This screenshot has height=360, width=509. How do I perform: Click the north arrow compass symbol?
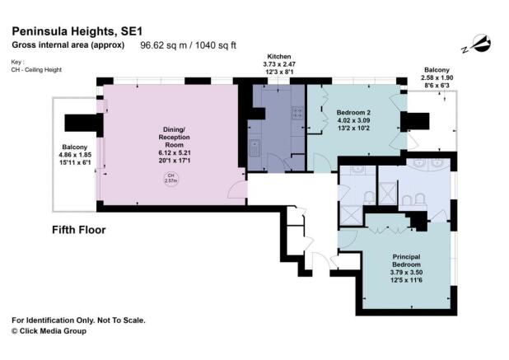tap(479, 43)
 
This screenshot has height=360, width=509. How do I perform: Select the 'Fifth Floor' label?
tap(79, 230)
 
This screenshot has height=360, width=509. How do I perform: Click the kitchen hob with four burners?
tap(296, 117)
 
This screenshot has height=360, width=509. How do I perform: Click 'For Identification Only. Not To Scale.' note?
tap(88, 319)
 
